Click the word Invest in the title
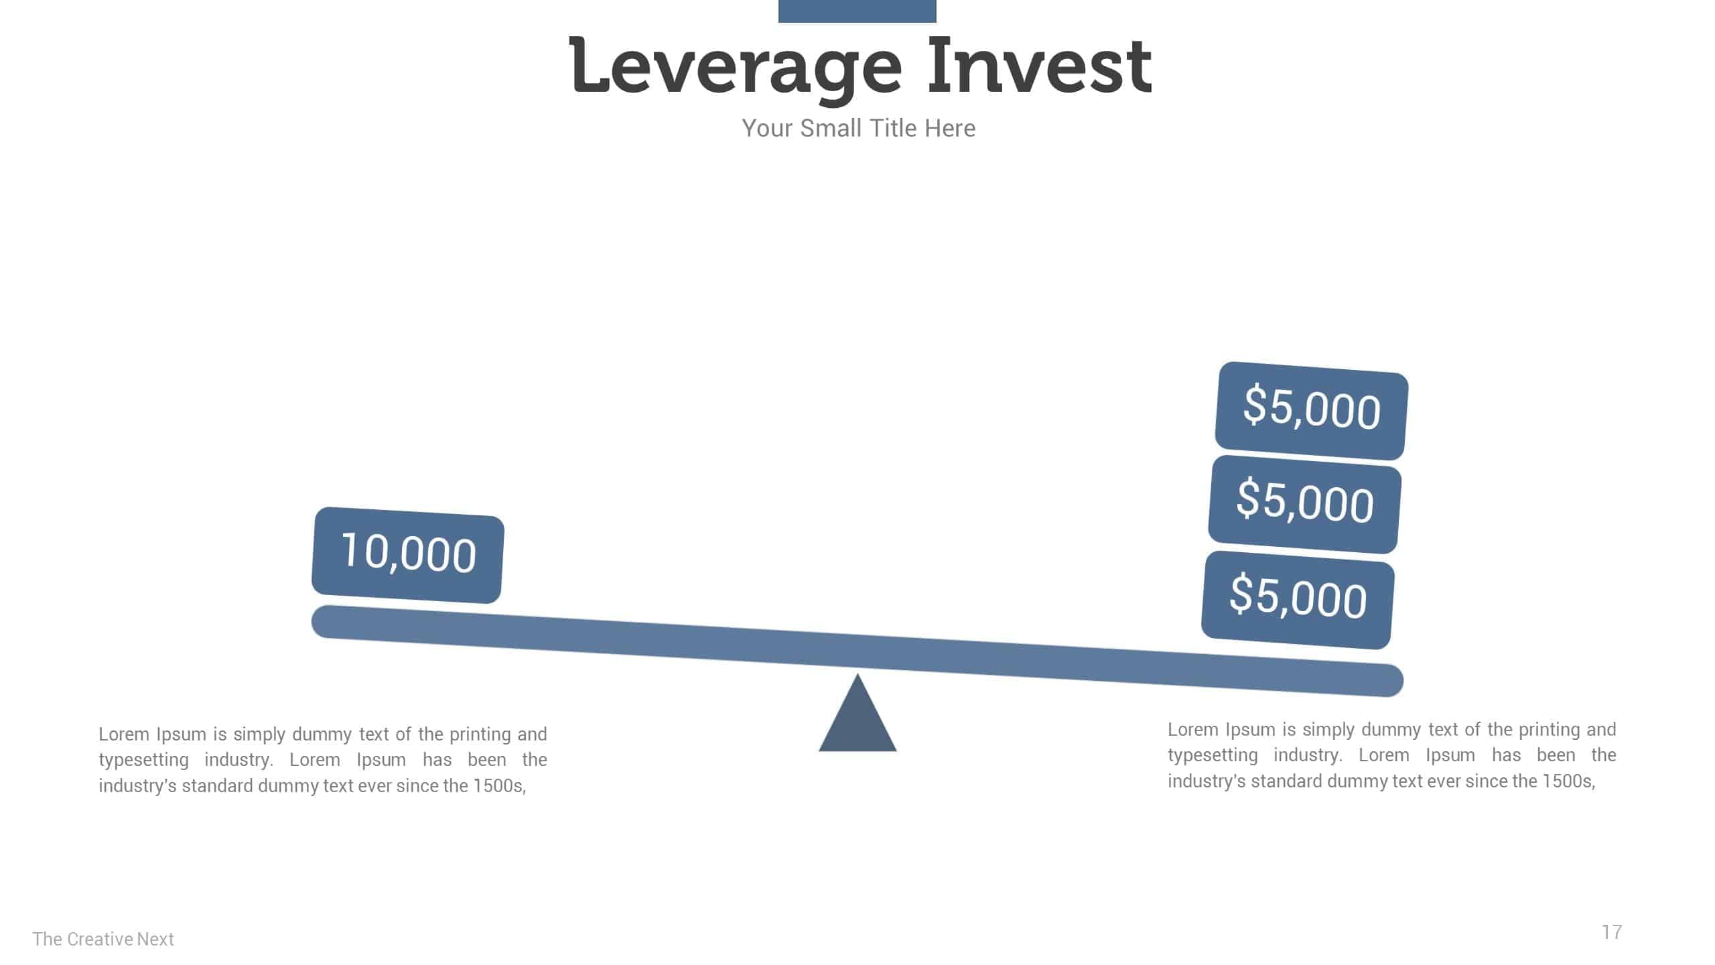pos(1040,64)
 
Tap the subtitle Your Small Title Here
pos(858,128)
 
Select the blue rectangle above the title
pos(857,11)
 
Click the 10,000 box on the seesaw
pos(408,555)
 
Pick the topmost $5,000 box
pos(1312,411)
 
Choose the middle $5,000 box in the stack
pos(1305,505)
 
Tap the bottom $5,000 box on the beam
pos(1298,600)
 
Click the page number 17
pos(1612,932)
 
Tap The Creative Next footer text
pos(103,939)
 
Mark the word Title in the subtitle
pos(893,128)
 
